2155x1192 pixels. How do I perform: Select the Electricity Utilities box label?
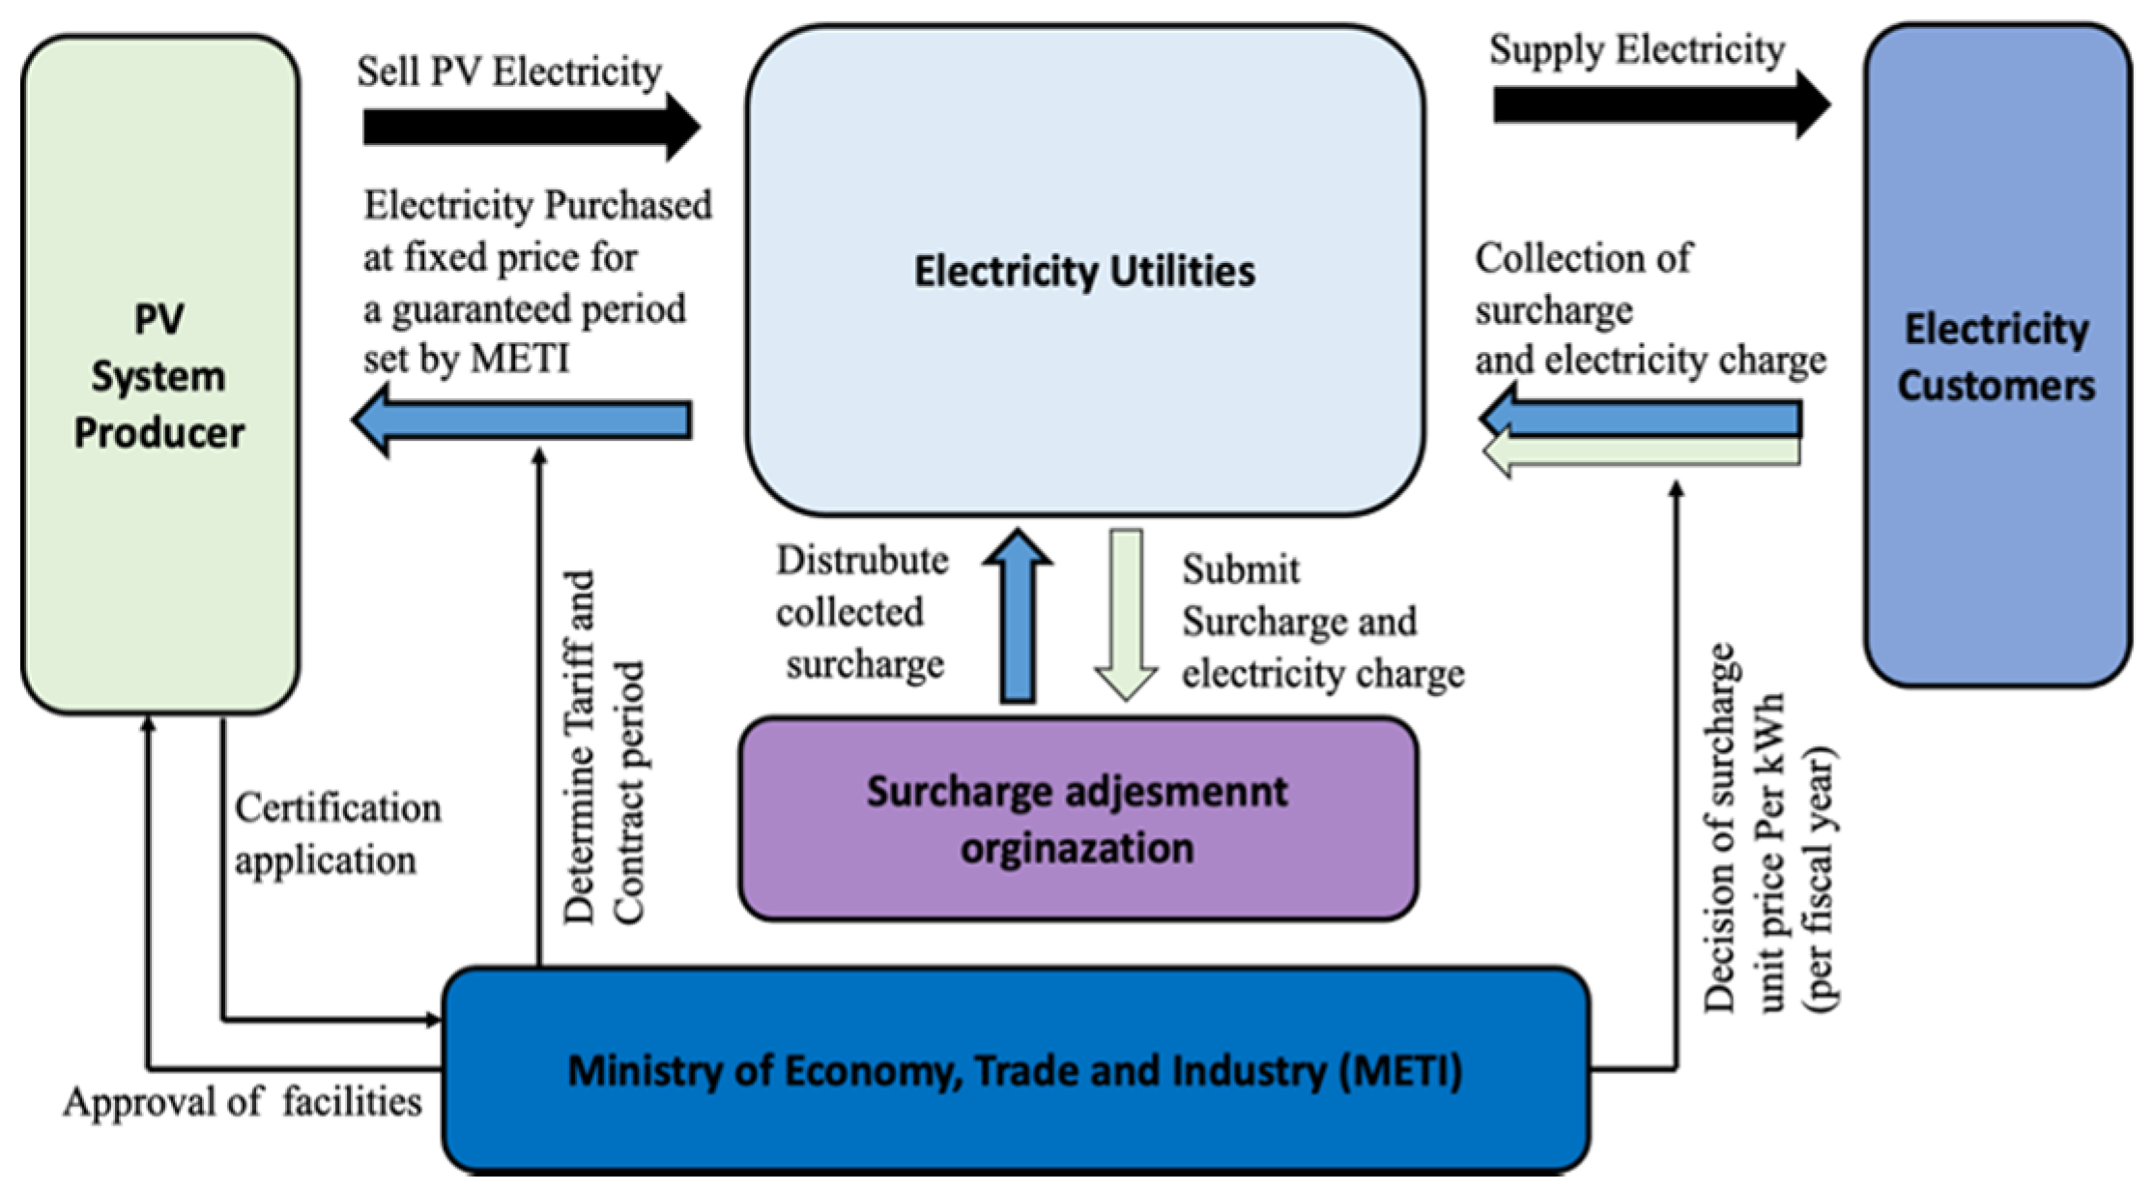click(1084, 272)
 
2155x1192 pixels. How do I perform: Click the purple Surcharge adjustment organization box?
click(1077, 819)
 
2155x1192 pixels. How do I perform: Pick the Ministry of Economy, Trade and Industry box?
click(1015, 1071)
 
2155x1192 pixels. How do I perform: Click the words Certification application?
click(336, 833)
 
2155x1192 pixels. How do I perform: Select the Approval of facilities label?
click(242, 1101)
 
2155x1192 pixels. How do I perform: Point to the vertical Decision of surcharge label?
click(1769, 831)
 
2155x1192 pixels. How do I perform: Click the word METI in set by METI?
click(519, 360)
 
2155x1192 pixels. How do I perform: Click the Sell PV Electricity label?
click(509, 72)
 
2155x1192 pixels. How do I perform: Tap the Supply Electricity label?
click(1636, 49)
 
